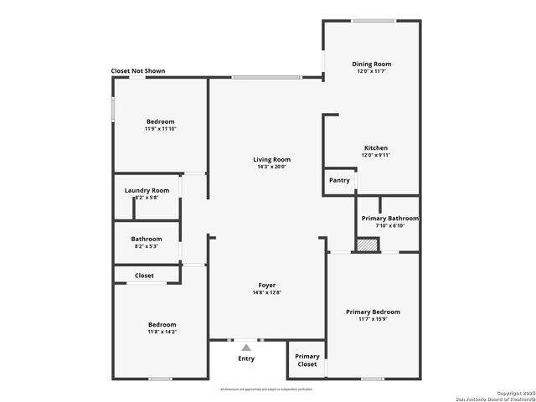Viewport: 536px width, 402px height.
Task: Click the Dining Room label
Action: click(x=371, y=64)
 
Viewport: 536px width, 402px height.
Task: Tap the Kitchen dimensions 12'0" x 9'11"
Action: click(x=376, y=155)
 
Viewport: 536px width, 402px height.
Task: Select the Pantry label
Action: click(x=339, y=180)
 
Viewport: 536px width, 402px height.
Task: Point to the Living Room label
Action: click(x=272, y=159)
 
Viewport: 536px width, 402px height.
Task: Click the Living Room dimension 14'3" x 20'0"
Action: click(x=272, y=167)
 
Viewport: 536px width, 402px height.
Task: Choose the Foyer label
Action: click(x=266, y=286)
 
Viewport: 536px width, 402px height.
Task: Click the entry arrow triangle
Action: click(x=245, y=346)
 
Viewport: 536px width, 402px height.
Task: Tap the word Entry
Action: click(x=245, y=358)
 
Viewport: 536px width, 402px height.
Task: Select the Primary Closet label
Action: click(x=307, y=360)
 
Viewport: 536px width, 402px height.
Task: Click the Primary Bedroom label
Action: click(x=373, y=312)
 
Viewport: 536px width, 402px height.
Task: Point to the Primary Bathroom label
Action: click(x=389, y=219)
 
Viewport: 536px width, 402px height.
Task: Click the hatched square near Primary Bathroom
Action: click(x=367, y=245)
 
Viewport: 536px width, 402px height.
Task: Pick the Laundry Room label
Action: click(x=147, y=190)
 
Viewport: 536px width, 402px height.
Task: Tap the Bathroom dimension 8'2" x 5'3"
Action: click(x=146, y=246)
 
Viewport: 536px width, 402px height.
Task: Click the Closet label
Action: click(x=144, y=275)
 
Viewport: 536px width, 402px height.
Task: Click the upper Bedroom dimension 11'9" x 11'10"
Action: click(x=160, y=129)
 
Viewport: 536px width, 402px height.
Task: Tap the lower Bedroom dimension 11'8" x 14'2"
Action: click(x=162, y=332)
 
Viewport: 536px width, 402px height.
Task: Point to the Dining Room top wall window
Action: click(x=374, y=21)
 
